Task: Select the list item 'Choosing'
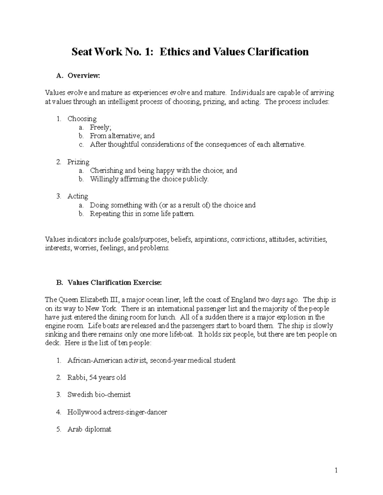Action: tap(82, 119)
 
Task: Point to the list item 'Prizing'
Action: tap(78, 162)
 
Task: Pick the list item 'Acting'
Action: tap(78, 196)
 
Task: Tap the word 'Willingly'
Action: tap(104, 179)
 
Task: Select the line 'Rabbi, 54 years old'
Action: tap(96, 378)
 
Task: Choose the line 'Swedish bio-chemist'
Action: tap(99, 395)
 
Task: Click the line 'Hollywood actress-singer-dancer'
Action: tap(117, 412)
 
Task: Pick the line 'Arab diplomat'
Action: tap(89, 429)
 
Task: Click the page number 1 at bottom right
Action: tap(336, 470)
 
